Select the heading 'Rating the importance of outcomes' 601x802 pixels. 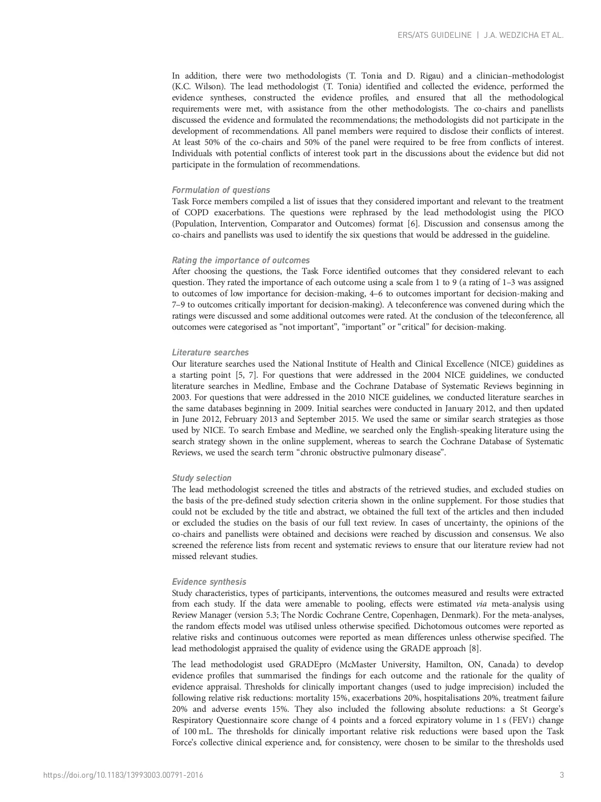(241, 260)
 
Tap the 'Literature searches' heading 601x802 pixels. (210, 353)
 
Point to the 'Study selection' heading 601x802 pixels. (201, 478)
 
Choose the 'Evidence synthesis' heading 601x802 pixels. (209, 582)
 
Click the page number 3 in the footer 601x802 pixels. (562, 775)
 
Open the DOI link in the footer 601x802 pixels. (123, 775)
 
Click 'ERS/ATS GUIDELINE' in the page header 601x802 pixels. (434, 35)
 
